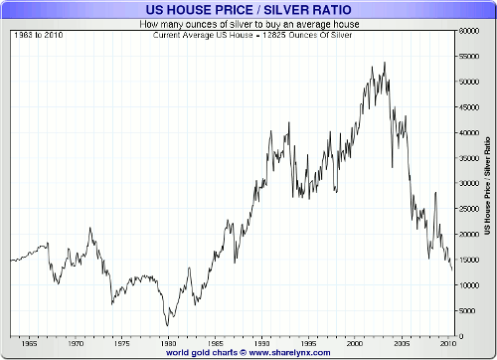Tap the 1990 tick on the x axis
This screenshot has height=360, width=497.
[x=260, y=342]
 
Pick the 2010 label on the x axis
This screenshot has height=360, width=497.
[x=447, y=342]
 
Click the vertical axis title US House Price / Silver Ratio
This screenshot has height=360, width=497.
[x=488, y=185]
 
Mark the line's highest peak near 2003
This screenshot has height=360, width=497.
[x=385, y=63]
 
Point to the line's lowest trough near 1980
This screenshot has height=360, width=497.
[x=168, y=325]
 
